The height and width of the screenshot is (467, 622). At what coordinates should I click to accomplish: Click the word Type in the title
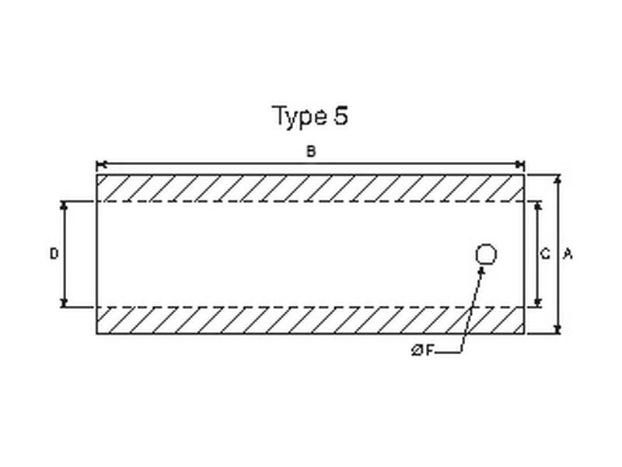point(299,117)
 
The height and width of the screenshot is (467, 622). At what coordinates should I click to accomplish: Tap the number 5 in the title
point(341,115)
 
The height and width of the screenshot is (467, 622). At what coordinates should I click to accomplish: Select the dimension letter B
point(311,151)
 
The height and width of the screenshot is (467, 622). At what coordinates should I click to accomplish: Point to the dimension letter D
point(54,254)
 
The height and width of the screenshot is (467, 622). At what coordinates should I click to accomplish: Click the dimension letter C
point(546,254)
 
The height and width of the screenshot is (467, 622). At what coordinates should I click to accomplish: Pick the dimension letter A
point(568,254)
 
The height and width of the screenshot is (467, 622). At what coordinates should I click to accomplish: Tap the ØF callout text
point(423,350)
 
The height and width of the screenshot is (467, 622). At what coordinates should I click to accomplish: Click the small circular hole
point(485,255)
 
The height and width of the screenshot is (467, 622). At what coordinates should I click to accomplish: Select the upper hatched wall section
point(310,188)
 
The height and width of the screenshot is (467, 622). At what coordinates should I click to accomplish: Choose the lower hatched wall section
point(310,321)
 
